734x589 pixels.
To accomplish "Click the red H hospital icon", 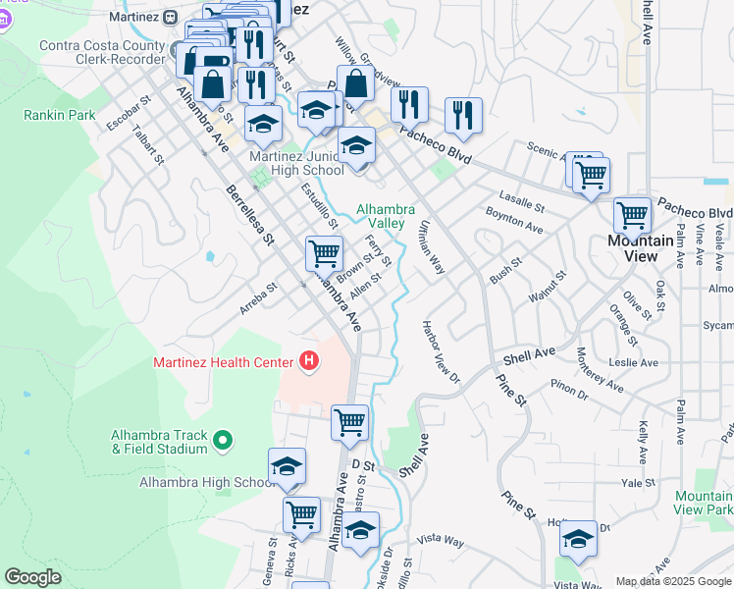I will (x=310, y=362).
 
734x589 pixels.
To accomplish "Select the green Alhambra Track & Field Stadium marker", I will (x=222, y=442).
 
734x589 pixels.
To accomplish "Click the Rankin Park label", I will (x=60, y=115).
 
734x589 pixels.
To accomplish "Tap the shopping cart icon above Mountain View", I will (x=632, y=214).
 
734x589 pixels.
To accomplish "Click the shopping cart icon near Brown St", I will (x=324, y=254).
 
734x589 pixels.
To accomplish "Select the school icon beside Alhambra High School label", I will (x=287, y=466).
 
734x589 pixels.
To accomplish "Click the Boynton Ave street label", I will (x=514, y=221).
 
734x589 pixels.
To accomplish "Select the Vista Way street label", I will (x=440, y=540).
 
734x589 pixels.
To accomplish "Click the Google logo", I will (x=32, y=577).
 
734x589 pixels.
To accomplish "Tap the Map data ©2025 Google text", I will (x=673, y=581).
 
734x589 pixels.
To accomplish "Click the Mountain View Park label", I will (x=704, y=503).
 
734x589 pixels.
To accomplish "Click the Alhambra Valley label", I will (x=386, y=216).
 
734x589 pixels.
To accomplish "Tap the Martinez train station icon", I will (x=170, y=17).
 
